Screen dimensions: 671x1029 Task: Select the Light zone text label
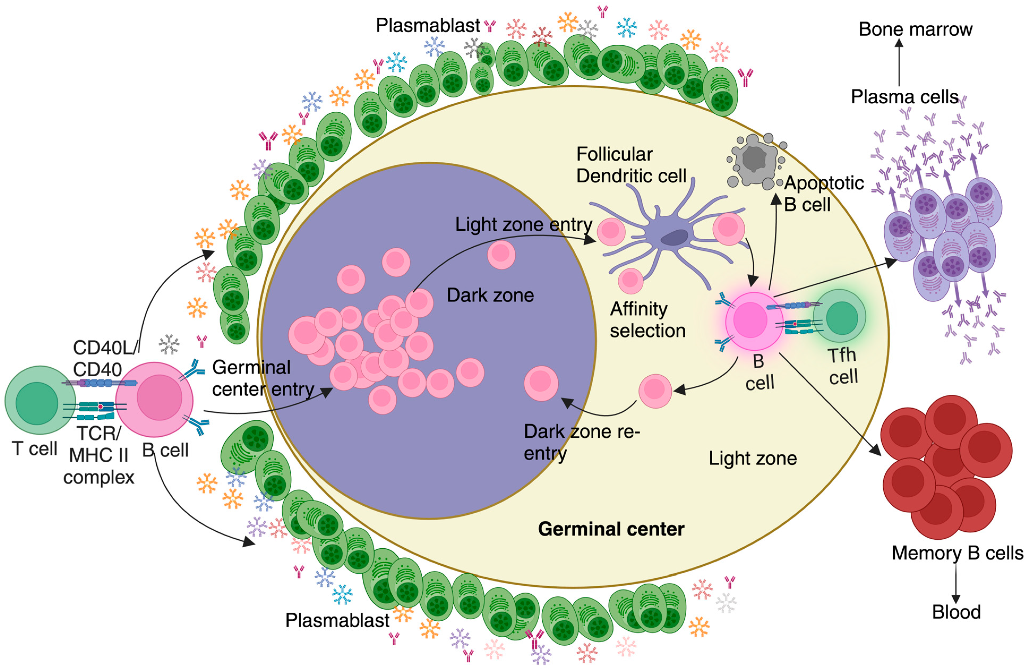(752, 458)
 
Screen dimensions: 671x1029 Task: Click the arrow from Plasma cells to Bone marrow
(899, 63)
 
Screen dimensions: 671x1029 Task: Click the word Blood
(956, 612)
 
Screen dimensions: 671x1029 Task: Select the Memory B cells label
(957, 553)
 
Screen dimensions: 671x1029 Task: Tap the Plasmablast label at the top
(428, 25)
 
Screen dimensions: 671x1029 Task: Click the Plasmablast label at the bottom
(337, 620)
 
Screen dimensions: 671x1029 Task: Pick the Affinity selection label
(647, 320)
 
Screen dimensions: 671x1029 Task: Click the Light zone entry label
(523, 224)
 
